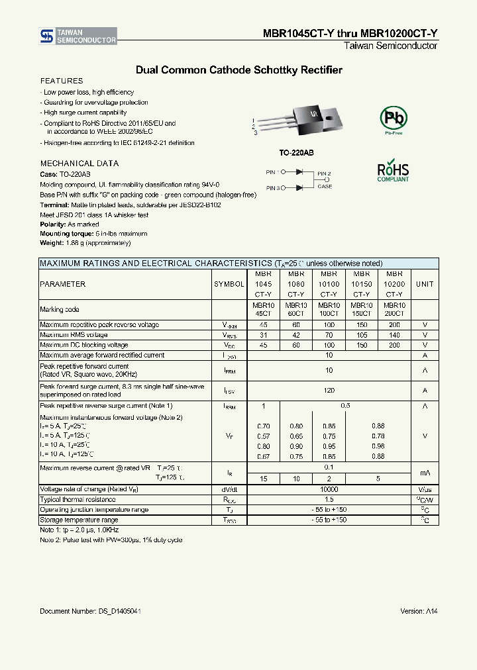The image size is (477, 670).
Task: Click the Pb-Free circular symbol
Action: point(393,119)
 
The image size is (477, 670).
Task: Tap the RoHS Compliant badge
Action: point(393,170)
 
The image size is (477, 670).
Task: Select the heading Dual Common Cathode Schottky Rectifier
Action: point(238,70)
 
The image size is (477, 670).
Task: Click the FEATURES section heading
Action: point(62,81)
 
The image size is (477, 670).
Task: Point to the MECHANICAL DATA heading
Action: point(79,163)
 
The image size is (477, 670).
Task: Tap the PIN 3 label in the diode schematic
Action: point(274,188)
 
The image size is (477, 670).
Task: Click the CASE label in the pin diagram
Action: point(325,187)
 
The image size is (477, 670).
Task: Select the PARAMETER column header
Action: point(63,284)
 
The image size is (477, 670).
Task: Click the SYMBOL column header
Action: point(229,284)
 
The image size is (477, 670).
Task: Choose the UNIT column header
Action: point(425,284)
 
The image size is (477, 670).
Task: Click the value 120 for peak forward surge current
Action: point(329,391)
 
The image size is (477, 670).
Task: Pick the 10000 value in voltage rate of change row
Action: point(329,489)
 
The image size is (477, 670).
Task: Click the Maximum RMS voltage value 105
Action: point(361,335)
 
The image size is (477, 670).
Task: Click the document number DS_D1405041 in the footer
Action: point(90,611)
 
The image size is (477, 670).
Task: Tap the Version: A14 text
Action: point(419,611)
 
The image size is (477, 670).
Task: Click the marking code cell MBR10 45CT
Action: point(263,309)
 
